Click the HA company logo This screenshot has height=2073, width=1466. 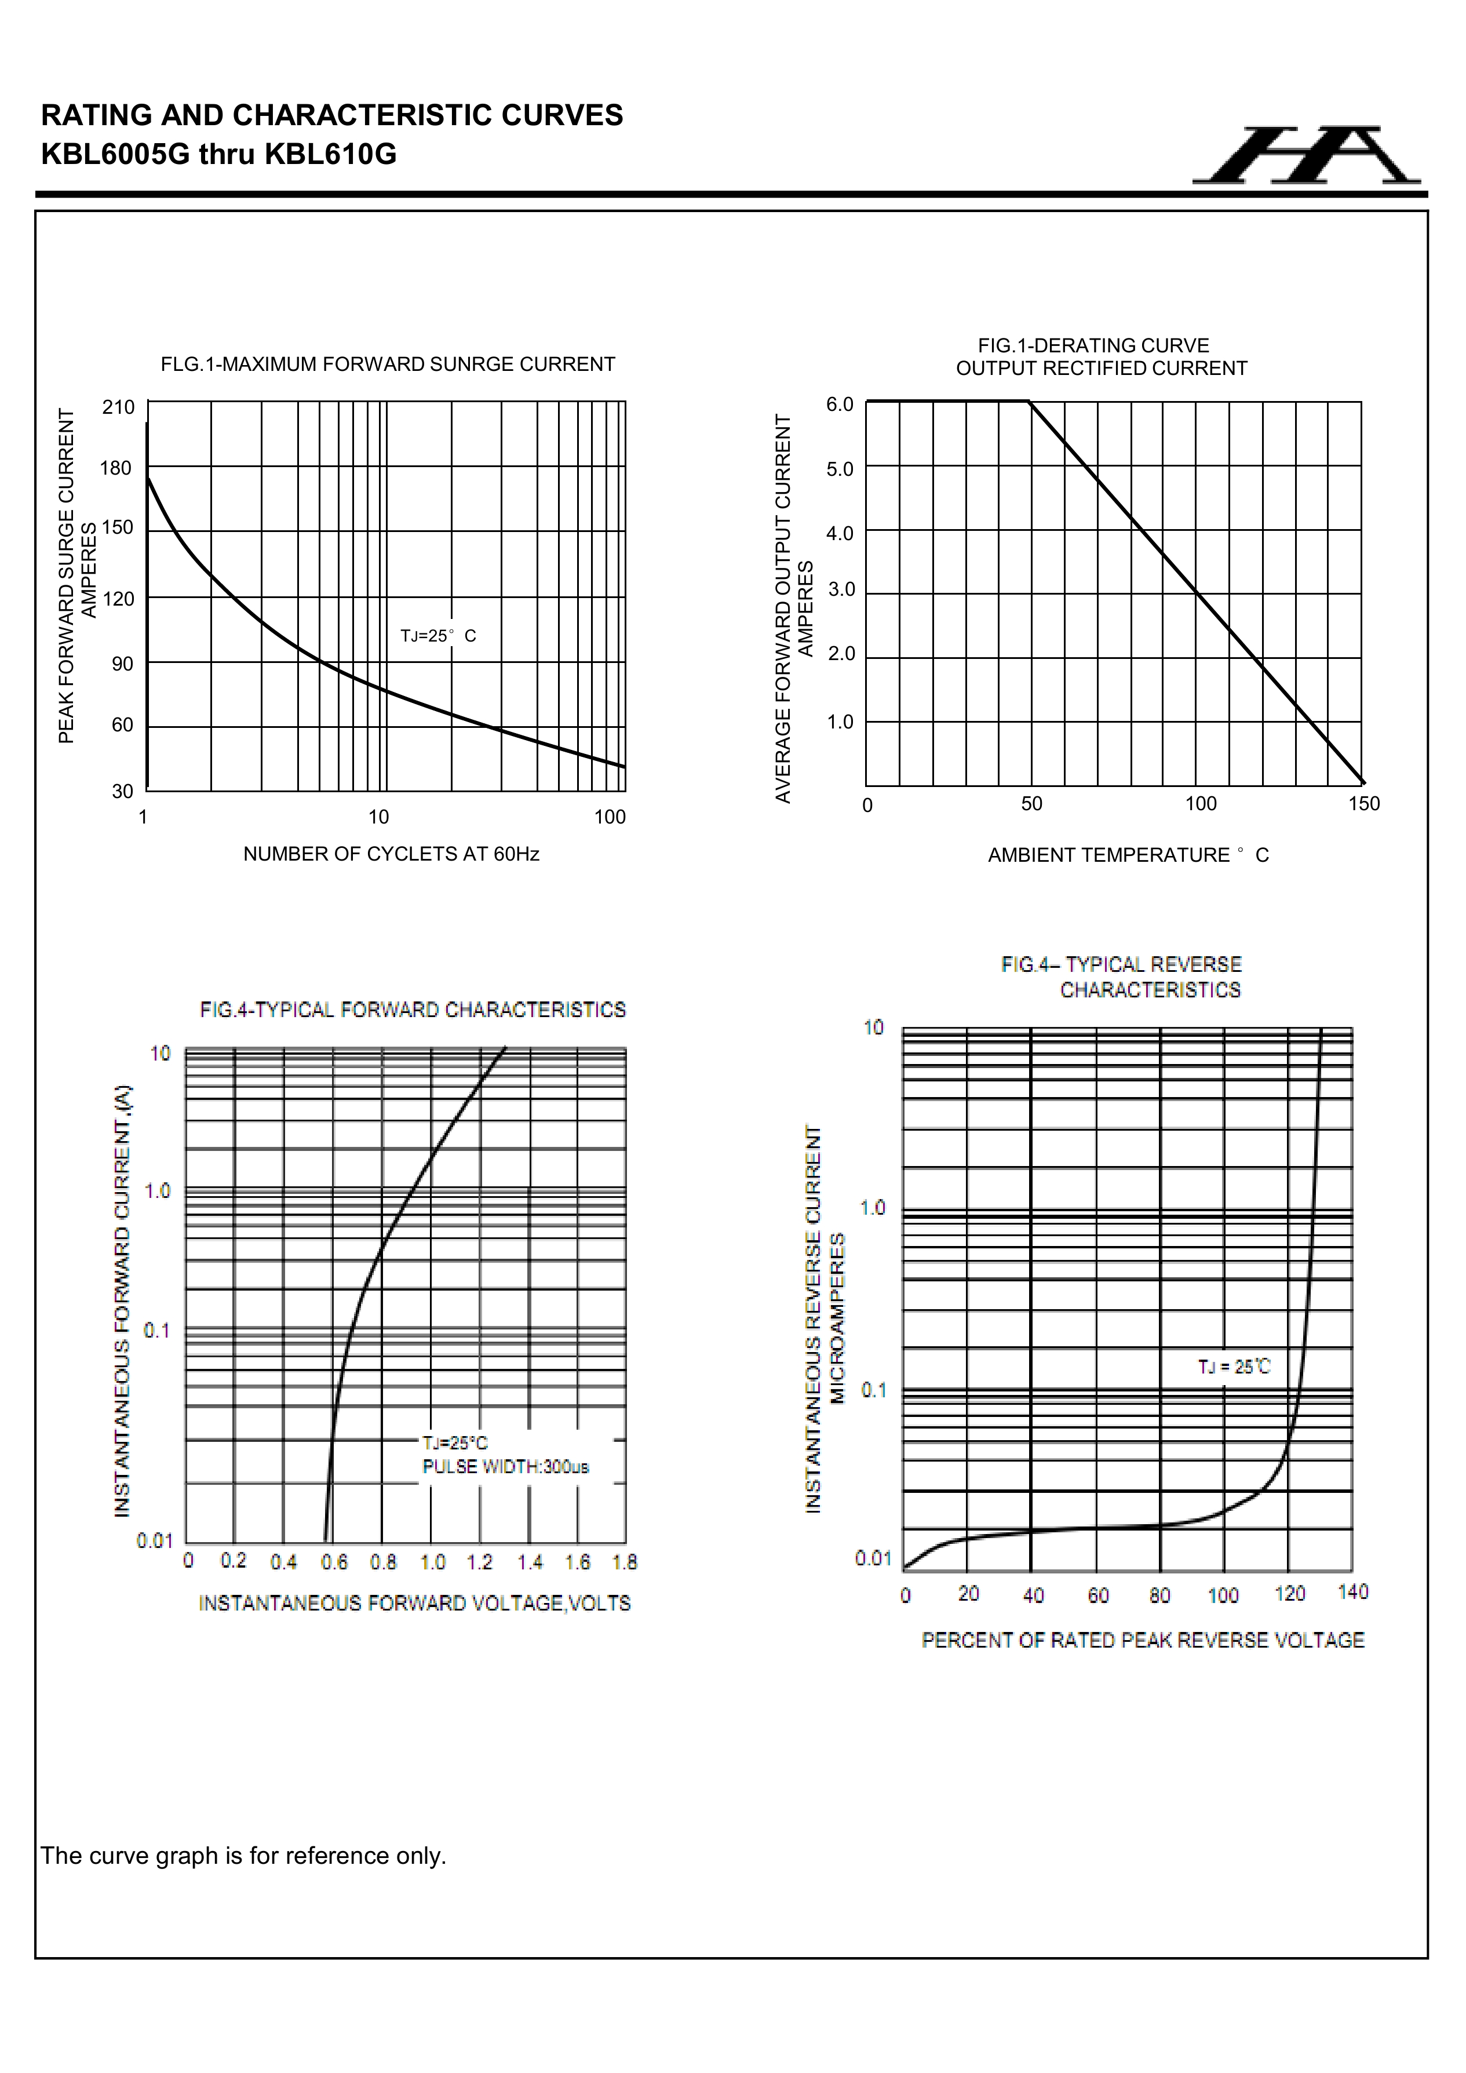[1306, 155]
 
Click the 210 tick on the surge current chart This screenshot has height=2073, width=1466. [118, 407]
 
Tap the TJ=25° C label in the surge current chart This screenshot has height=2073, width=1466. [438, 636]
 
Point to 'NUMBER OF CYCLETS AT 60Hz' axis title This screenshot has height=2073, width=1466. [391, 854]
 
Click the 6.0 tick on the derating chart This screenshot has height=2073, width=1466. [840, 405]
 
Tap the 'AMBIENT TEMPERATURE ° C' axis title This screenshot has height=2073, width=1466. [1128, 855]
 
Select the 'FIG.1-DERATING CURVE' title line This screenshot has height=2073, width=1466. [1093, 346]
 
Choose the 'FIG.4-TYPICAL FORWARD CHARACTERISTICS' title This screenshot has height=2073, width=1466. [413, 1010]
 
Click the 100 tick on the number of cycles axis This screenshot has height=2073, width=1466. [610, 818]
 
